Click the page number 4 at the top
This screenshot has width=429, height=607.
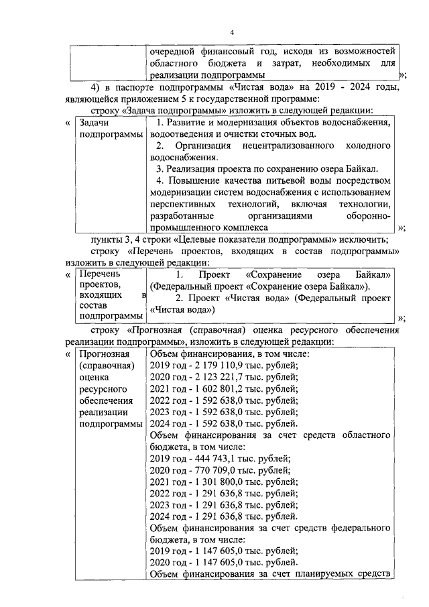point(231,32)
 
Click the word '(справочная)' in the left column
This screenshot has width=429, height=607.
point(107,366)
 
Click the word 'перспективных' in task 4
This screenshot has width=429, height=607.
point(183,204)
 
